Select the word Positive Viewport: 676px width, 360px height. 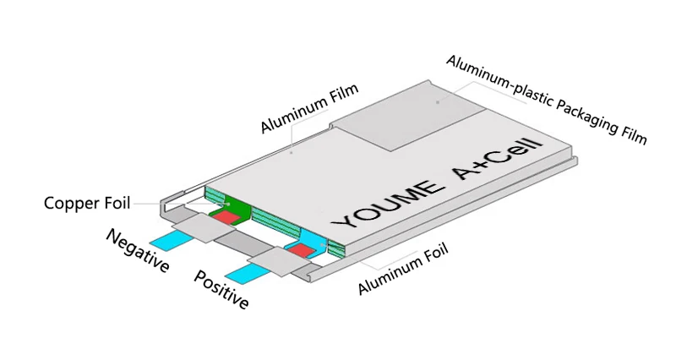point(221,289)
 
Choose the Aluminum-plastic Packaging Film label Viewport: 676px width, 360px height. point(546,99)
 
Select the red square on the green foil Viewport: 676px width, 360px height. point(224,217)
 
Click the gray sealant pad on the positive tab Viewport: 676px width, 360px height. point(278,262)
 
